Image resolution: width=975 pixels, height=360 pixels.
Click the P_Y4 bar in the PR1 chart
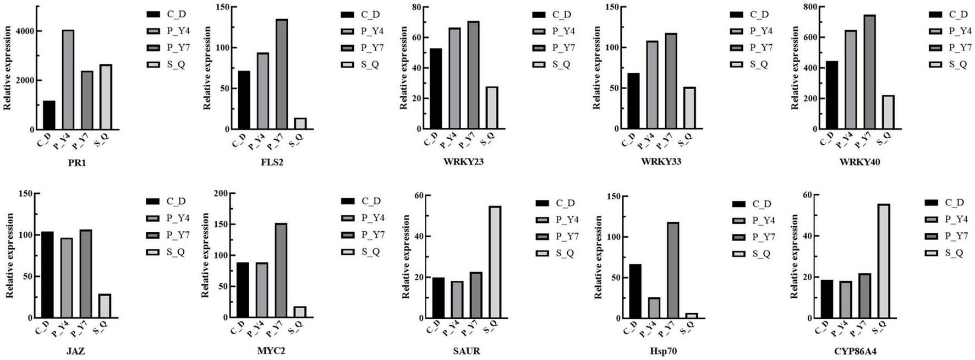point(68,79)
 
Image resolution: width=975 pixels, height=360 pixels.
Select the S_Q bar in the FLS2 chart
point(300,124)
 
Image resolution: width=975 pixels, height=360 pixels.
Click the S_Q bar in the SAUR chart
point(495,262)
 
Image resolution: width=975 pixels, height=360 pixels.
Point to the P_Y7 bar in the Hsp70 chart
point(672,270)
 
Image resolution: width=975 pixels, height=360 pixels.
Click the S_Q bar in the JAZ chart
point(105,306)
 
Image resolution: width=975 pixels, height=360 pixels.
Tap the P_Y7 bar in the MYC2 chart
point(281,270)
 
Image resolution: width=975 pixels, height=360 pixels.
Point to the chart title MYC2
point(271,351)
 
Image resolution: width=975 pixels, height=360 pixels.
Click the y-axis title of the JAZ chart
point(9,256)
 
